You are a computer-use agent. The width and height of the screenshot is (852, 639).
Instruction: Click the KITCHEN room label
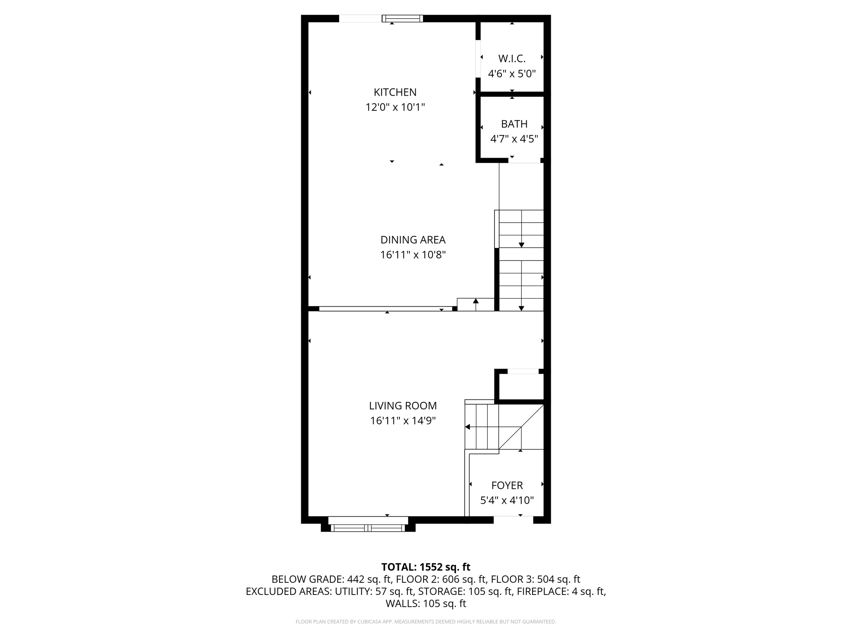pos(395,92)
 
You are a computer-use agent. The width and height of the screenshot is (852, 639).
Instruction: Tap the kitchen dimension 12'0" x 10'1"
pos(395,107)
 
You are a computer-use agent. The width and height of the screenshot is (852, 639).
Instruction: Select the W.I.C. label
pos(512,59)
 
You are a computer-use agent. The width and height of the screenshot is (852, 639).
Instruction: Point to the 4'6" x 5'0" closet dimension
pos(512,74)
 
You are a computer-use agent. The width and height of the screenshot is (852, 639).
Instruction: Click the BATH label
pos(514,124)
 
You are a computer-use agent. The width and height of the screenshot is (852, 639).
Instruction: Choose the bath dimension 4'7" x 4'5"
pos(514,139)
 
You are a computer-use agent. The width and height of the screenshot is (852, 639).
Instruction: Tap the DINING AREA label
pos(413,240)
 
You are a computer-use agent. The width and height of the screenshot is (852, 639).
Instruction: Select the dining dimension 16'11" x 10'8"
pos(413,255)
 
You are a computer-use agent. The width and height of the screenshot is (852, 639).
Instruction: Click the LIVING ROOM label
pos(403,406)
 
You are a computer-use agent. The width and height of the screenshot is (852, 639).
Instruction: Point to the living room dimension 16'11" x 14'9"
pos(403,421)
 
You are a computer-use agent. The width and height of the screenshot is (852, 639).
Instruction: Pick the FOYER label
pos(507,485)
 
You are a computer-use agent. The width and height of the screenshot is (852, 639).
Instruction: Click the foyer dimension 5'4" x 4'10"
pos(507,500)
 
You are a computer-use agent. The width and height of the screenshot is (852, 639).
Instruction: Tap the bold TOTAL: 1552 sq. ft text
pos(426,567)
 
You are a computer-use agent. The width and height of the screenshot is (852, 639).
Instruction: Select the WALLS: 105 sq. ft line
pos(426,603)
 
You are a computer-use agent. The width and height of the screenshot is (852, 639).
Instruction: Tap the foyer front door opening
pos(513,520)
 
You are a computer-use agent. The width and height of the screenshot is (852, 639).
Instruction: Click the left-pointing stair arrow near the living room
pos(468,427)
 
